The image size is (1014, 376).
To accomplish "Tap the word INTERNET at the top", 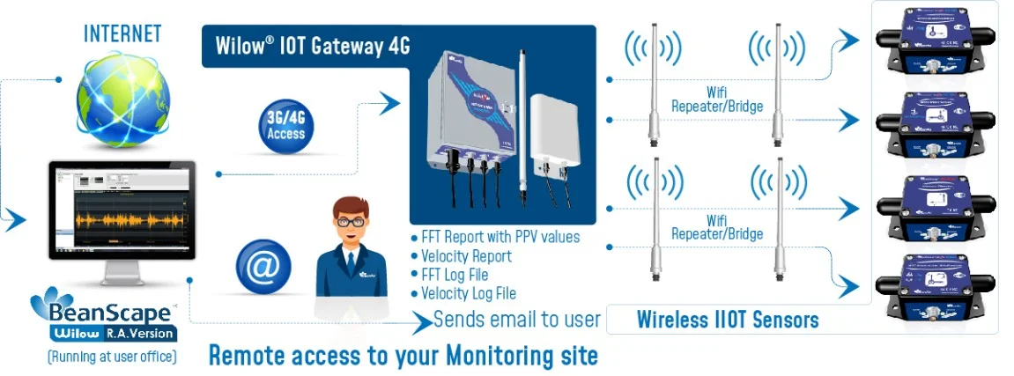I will pos(122,34).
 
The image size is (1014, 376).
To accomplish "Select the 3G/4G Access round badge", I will pos(285,126).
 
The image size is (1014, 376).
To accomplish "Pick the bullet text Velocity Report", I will pos(466,256).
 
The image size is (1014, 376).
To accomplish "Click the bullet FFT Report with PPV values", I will pos(500,238).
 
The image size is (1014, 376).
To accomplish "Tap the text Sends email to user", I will pos(516,319).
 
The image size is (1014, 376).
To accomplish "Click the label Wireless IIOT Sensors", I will pos(728,319).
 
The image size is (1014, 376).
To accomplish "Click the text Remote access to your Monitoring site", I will pos(403,356).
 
